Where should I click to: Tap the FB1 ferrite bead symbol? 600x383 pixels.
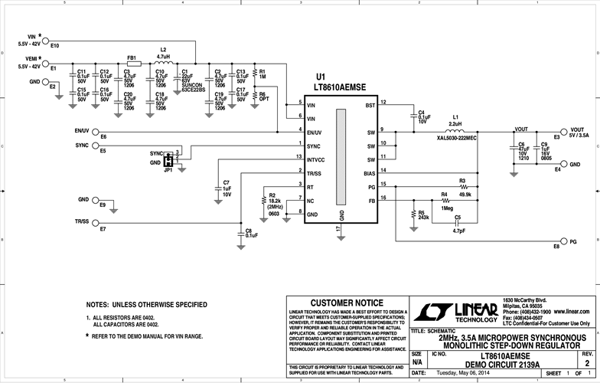click(x=132, y=64)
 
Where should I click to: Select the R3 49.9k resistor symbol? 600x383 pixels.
click(x=463, y=186)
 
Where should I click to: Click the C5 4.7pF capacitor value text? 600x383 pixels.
click(x=458, y=230)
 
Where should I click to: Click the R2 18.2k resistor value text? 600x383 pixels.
click(x=273, y=201)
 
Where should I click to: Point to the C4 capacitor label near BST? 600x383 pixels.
click(x=422, y=113)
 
